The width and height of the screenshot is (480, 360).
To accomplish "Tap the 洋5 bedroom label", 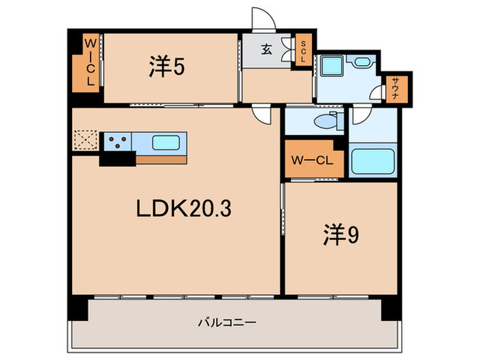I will [167, 67].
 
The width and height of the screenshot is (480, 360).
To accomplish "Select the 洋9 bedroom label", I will [341, 235].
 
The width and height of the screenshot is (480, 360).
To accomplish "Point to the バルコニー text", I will [227, 321].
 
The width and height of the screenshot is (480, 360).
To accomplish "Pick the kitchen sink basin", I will [167, 143].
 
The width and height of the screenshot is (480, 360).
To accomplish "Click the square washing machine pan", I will [333, 66].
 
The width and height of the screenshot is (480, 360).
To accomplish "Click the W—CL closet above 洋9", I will [310, 161].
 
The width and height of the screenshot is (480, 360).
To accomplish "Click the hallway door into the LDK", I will [261, 115].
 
